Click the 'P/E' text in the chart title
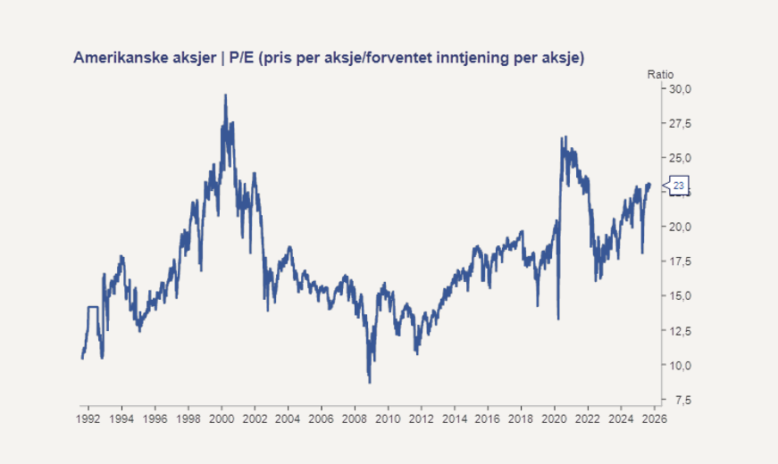242,58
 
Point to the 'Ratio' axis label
660,74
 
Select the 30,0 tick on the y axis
682,89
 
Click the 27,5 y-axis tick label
682,124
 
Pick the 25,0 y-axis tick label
682,158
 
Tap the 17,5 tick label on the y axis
682,261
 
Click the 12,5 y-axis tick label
682,331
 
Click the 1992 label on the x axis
88,418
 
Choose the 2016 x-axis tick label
487,418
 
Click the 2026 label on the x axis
653,418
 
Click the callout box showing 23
679,186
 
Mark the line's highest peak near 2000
225,95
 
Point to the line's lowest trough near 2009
370,382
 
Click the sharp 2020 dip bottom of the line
558,319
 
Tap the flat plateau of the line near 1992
92,307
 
